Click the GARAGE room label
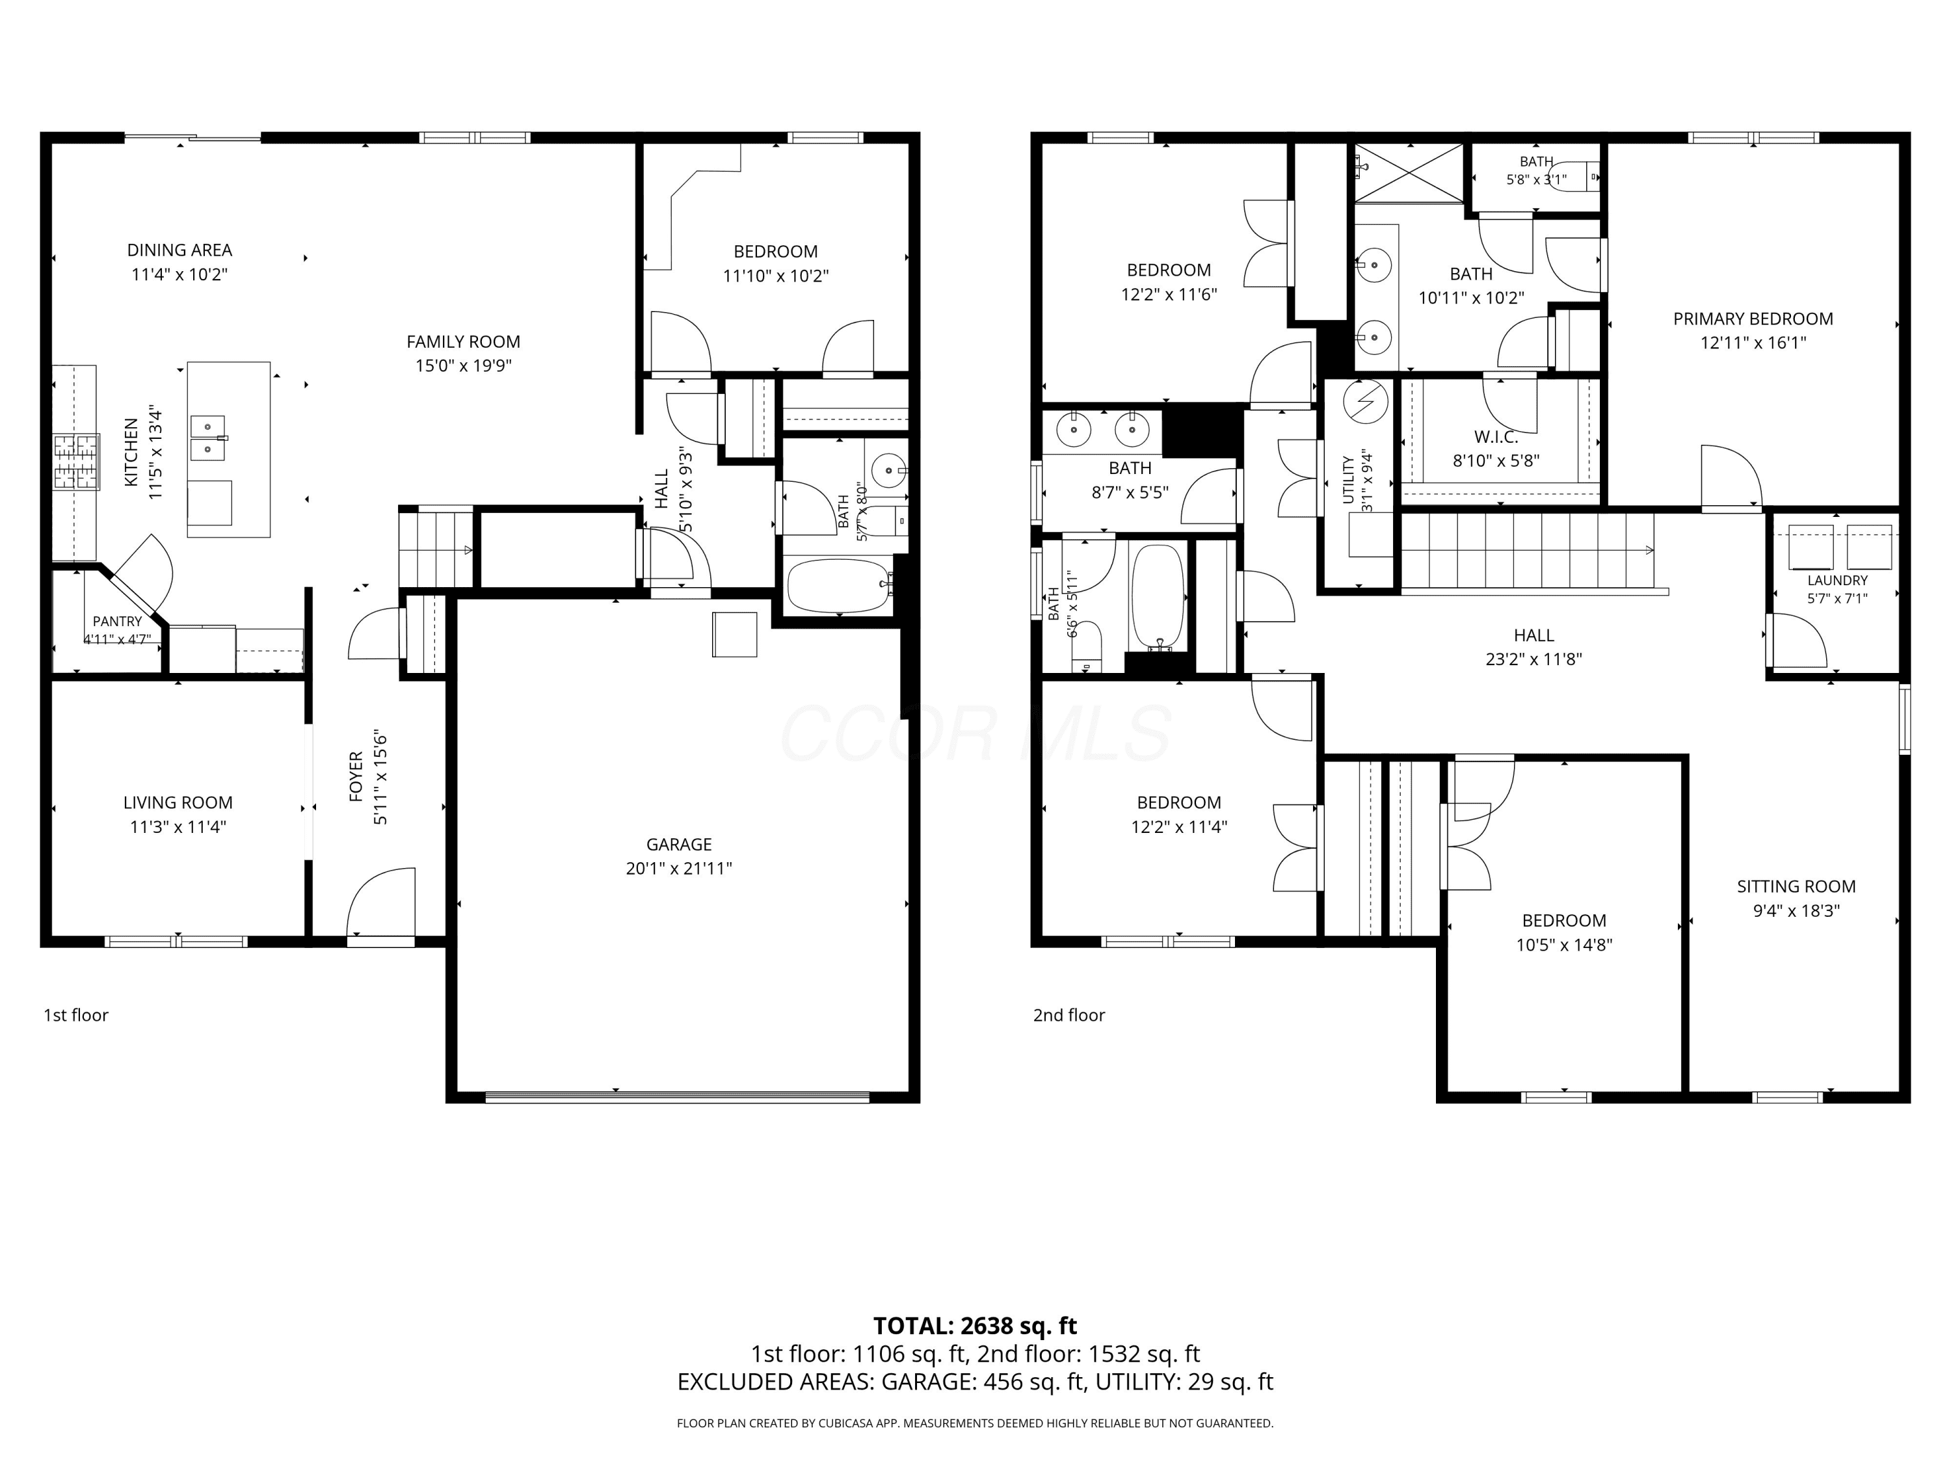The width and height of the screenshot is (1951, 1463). [x=678, y=844]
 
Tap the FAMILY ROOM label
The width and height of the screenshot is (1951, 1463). [x=463, y=341]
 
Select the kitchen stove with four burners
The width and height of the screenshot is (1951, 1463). [x=76, y=462]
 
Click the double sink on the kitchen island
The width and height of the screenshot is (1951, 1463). [x=209, y=438]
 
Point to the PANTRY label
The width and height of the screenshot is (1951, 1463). [x=117, y=622]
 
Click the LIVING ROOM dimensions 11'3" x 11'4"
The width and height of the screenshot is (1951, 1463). [x=178, y=826]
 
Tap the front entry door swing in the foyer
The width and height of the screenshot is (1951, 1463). [x=382, y=902]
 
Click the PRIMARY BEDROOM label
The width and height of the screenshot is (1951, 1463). [x=1753, y=319]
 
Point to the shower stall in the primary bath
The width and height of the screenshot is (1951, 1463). [x=1409, y=173]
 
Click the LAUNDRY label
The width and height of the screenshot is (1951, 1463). [x=1837, y=580]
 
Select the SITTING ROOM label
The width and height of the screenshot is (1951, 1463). [x=1796, y=886]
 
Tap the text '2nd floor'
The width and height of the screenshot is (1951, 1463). [x=1069, y=1015]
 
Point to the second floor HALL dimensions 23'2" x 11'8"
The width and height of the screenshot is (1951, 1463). [x=1533, y=659]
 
